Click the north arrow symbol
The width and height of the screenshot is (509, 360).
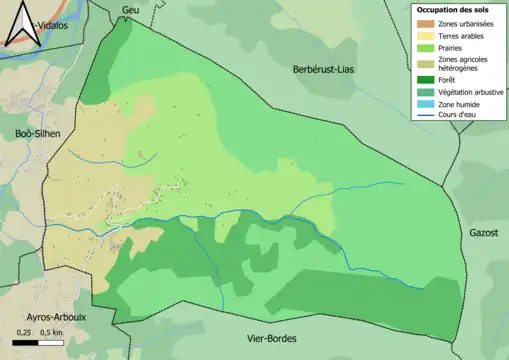coord(23,24)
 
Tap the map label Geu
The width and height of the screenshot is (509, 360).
coord(128,10)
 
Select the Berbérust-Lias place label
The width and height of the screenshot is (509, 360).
coord(325,69)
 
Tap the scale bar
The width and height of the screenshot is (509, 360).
coord(40,343)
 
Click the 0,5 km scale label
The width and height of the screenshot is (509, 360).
coord(53,332)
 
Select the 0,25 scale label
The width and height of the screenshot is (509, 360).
coord(25,332)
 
